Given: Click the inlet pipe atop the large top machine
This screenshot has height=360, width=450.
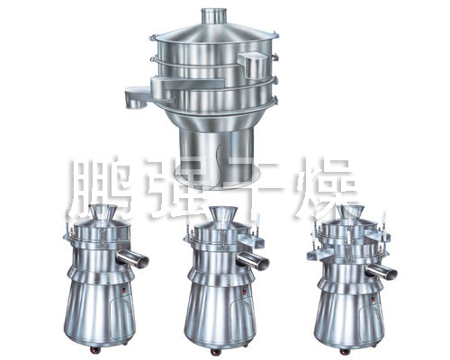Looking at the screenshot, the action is pos(214,16).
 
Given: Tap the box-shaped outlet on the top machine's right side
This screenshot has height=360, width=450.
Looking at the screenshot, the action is pos(253,66).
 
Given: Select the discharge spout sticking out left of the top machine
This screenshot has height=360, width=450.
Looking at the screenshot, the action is pos(138,96).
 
